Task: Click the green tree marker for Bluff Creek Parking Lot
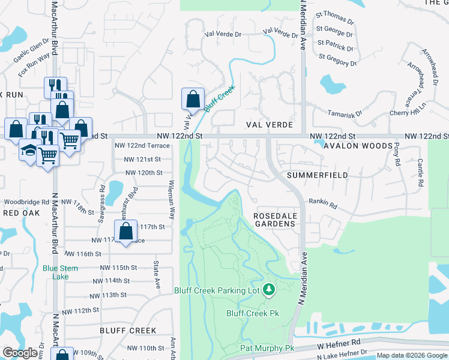(x=269, y=290)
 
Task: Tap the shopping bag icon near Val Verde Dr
(x=193, y=98)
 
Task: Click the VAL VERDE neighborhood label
(x=269, y=125)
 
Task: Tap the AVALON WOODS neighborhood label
(x=358, y=146)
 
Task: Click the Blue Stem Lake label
(x=60, y=272)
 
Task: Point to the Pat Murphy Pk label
(x=268, y=349)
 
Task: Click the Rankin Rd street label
(x=324, y=205)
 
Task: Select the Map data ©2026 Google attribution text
(x=412, y=355)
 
